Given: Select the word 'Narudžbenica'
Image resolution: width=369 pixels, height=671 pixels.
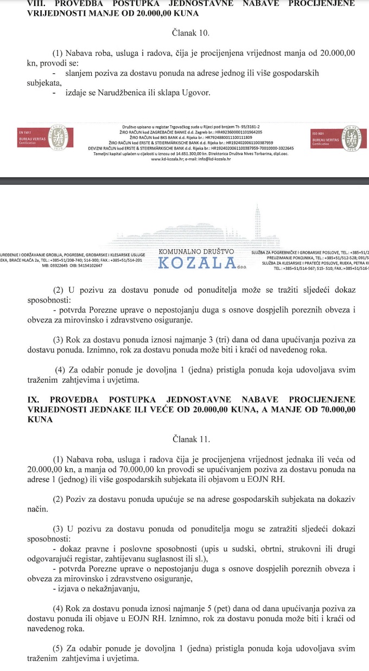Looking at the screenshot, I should [x=120, y=93].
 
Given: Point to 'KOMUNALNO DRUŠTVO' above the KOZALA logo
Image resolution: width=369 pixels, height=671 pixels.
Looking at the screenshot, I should [x=196, y=252].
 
